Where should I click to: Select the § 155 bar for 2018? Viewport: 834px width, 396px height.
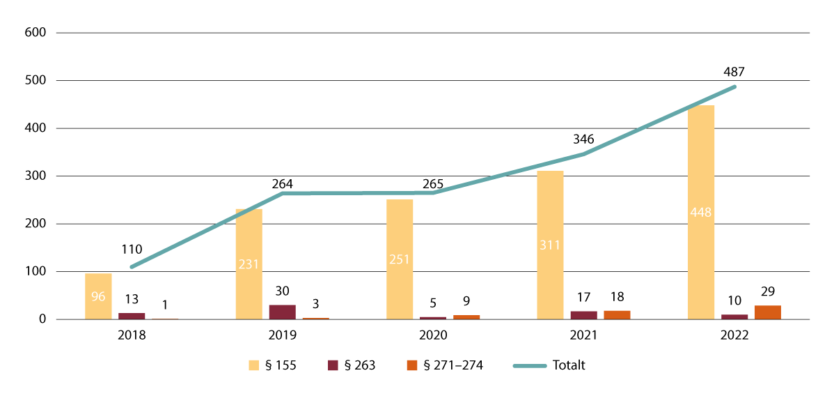[98, 296]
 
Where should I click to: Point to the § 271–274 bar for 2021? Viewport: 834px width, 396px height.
[617, 315]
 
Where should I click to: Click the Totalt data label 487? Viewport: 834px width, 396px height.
[735, 71]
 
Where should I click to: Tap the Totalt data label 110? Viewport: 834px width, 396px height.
[132, 249]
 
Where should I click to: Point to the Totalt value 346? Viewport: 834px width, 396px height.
[583, 139]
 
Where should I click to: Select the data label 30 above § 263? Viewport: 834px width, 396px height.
[283, 291]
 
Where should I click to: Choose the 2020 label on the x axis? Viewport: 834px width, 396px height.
[433, 335]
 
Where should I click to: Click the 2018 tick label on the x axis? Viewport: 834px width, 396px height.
[132, 335]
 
